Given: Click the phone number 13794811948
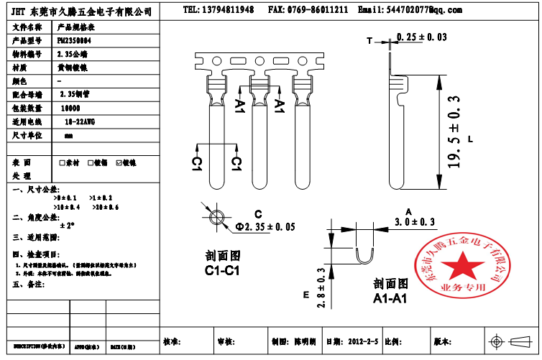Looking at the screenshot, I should coord(228,10).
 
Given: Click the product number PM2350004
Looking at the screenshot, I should coord(74,40).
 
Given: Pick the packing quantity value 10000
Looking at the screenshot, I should coord(70,107).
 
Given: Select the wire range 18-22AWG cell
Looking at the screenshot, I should coord(79,121).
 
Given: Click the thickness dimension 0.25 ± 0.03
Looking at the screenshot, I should coord(422,37).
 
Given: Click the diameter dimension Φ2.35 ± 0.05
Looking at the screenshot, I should coord(266,227).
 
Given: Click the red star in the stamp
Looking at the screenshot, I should coord(459,266).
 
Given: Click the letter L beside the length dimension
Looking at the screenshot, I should coord(470,139).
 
